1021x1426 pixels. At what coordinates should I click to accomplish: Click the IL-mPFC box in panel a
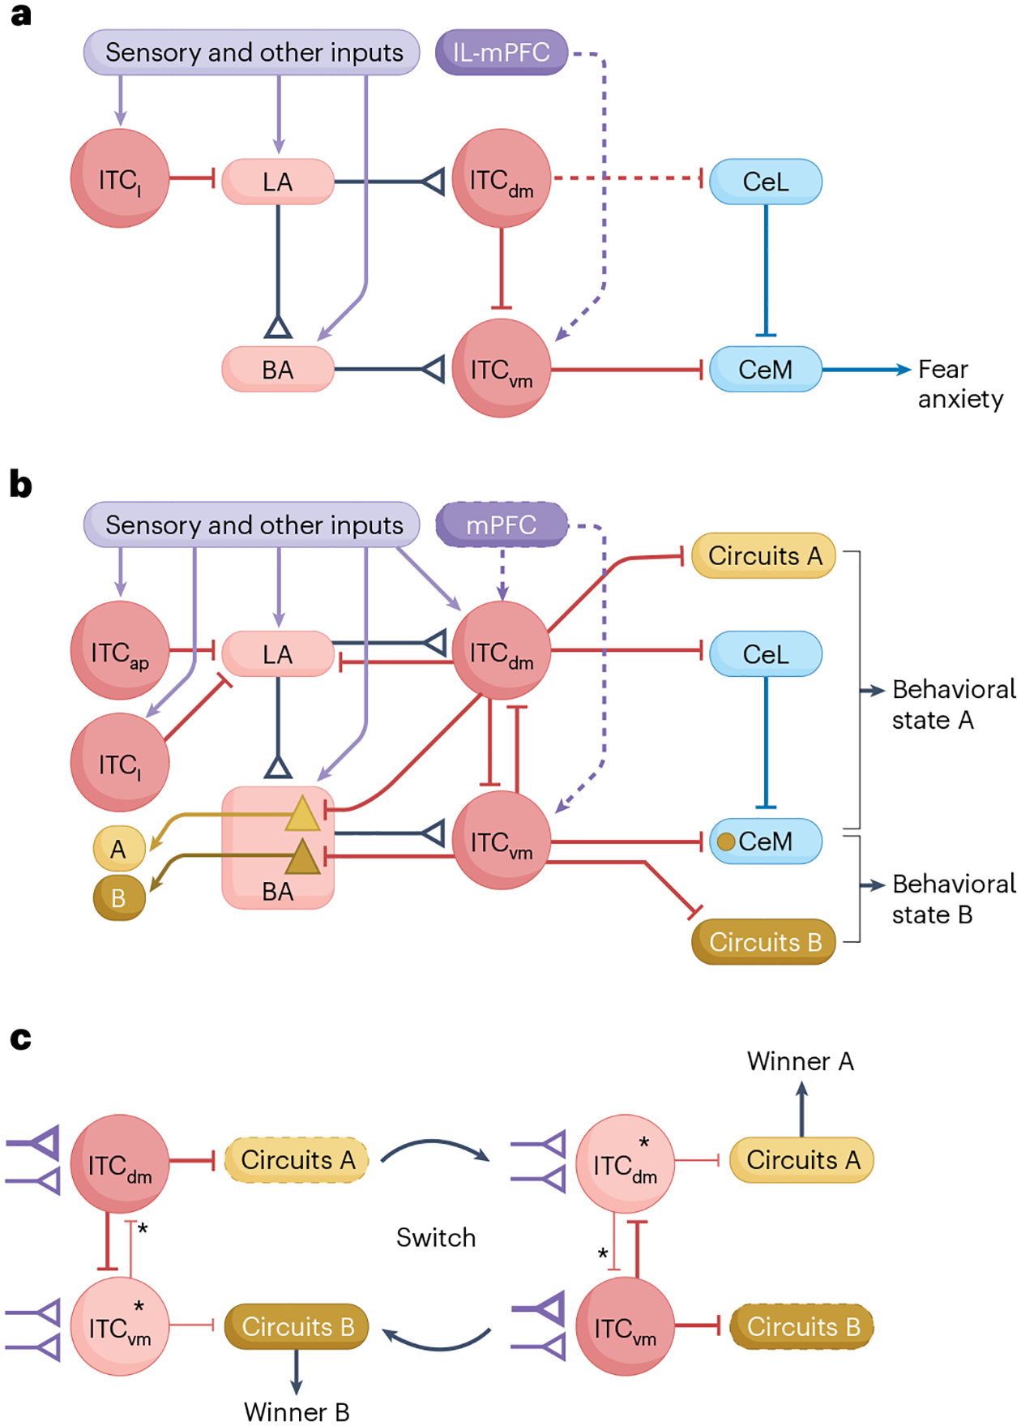tap(502, 53)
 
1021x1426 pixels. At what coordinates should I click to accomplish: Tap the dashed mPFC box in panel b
tap(502, 525)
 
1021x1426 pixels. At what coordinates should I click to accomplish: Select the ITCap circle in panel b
tap(120, 650)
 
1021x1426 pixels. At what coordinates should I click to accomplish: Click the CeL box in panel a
tap(766, 182)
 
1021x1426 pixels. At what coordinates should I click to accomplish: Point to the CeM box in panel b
tap(766, 841)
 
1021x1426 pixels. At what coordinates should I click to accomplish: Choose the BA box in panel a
tap(278, 370)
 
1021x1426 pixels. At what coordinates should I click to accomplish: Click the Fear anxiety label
tap(960, 383)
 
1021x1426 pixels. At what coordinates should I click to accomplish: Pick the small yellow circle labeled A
tap(119, 849)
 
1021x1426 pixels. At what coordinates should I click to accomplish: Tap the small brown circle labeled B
tap(119, 898)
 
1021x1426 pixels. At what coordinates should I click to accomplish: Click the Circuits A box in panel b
tap(764, 556)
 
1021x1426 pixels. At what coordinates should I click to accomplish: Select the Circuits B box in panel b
tap(764, 942)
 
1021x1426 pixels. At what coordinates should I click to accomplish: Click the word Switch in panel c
tap(436, 1238)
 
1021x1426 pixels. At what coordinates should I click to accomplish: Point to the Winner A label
tap(801, 1061)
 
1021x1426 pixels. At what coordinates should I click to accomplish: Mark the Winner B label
tap(297, 1412)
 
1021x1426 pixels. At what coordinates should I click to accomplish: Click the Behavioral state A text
tap(954, 704)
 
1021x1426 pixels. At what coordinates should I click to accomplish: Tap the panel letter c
tap(20, 1038)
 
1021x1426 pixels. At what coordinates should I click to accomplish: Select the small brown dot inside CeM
tap(726, 842)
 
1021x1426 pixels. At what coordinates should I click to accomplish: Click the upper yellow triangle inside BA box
tap(303, 814)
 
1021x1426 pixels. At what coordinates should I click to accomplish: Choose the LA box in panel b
tap(278, 654)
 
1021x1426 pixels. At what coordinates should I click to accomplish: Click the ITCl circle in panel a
tap(120, 178)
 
